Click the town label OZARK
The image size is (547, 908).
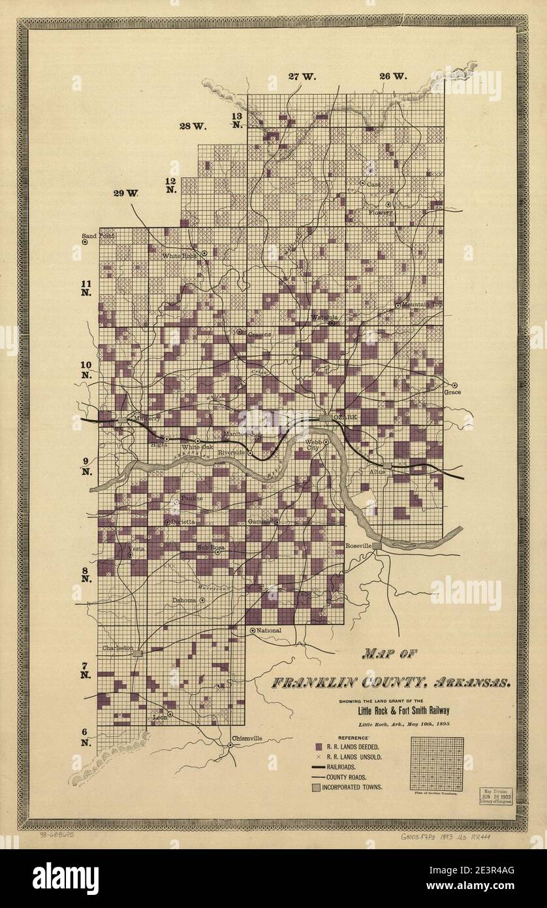click(345, 417)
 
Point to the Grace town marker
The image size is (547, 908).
click(455, 385)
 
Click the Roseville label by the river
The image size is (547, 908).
click(358, 545)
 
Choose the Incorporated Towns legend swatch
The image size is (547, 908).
click(318, 786)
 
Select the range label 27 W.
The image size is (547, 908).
click(302, 76)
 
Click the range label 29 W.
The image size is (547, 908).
click(127, 193)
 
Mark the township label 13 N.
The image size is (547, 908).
click(237, 120)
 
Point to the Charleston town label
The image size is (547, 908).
click(117, 648)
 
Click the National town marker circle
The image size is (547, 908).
click(253, 630)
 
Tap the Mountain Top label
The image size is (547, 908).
click(422, 304)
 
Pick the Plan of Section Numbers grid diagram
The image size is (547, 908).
click(437, 764)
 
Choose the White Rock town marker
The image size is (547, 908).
click(204, 253)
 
